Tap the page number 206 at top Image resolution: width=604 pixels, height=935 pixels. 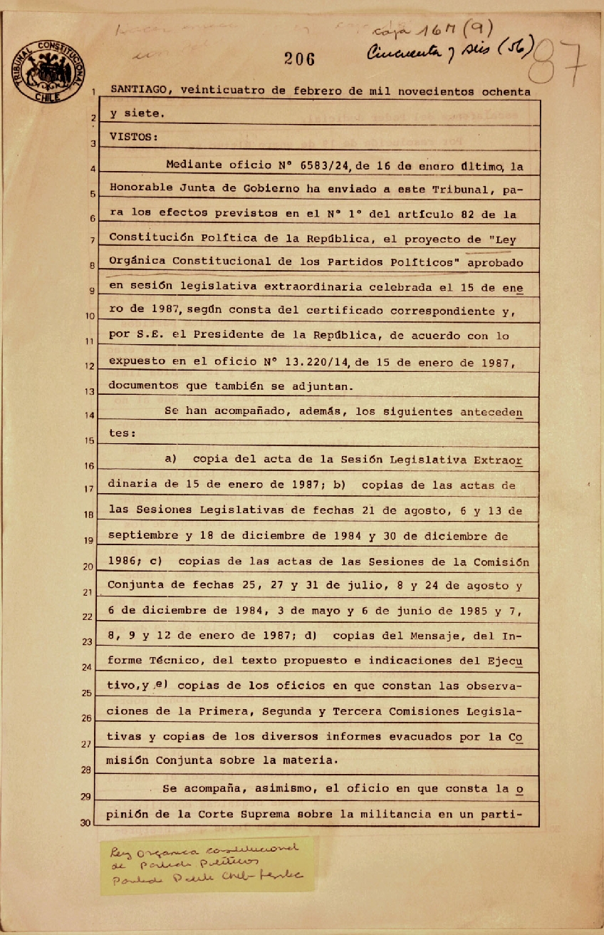click(299, 60)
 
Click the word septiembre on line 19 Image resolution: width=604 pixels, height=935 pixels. click(142, 536)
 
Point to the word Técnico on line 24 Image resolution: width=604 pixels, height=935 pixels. click(185, 660)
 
